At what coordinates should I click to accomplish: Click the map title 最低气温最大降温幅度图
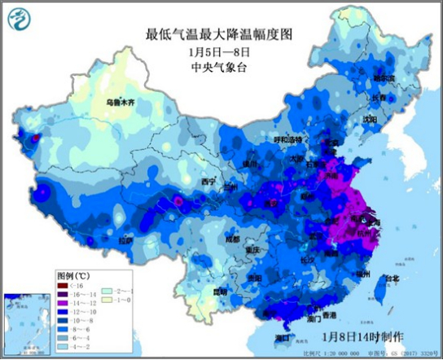tap(217, 35)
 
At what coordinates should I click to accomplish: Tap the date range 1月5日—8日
tap(217, 52)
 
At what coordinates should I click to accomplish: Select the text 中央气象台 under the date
tap(217, 68)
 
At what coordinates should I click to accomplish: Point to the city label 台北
tap(392, 278)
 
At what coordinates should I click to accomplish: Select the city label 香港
tap(329, 314)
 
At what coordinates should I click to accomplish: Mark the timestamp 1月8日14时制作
tap(362, 336)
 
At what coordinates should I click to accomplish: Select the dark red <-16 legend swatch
tap(63, 287)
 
